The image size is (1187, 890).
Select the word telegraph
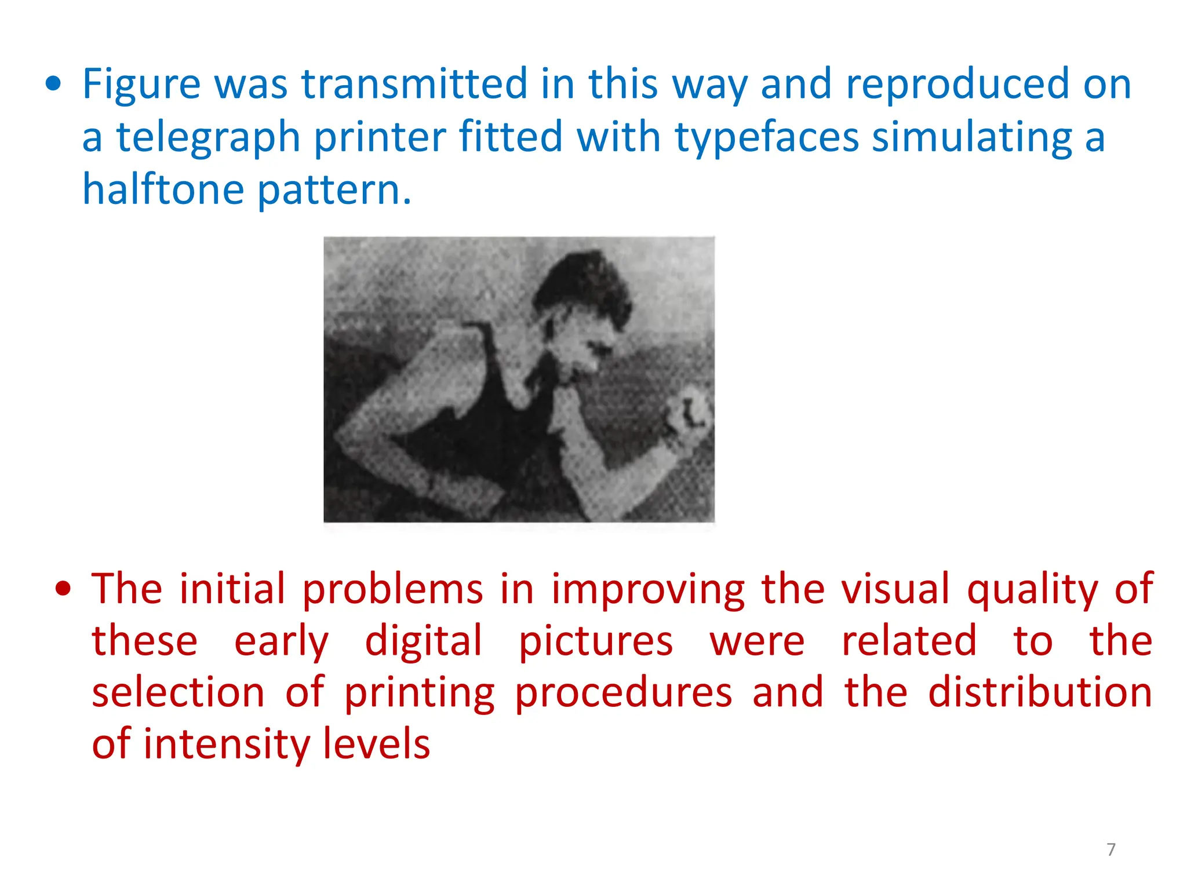click(208, 138)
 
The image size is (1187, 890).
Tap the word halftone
click(163, 190)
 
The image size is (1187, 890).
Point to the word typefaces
click(767, 138)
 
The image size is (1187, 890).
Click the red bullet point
click(63, 589)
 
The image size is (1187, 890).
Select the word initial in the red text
click(232, 589)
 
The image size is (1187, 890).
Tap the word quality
click(1032, 589)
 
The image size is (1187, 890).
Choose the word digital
click(423, 641)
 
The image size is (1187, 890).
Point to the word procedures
click(623, 693)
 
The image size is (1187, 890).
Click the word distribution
click(1040, 693)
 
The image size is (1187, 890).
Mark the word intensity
click(226, 745)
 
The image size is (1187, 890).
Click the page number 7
click(1110, 849)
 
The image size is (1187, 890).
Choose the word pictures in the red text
click(595, 641)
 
